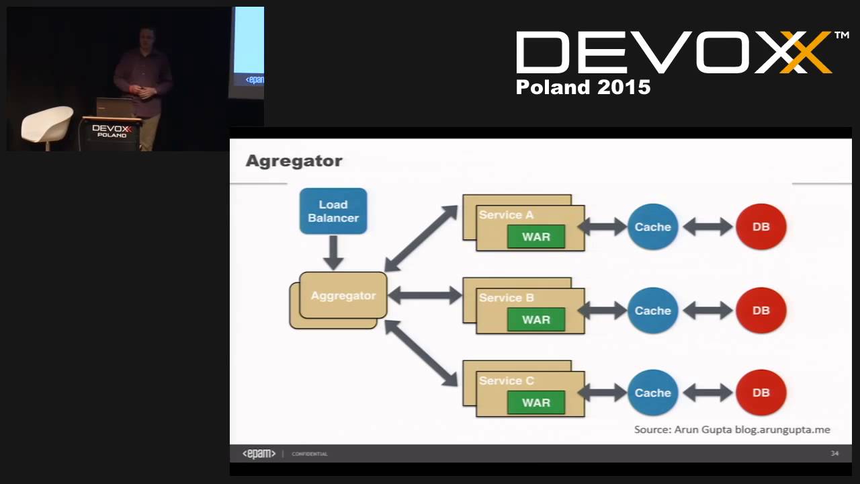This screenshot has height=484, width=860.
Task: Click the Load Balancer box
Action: (333, 211)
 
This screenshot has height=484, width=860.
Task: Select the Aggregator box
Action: (343, 295)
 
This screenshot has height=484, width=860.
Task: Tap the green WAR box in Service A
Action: (535, 237)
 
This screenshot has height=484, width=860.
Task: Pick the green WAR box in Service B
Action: (535, 319)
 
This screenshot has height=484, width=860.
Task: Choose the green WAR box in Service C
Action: (535, 403)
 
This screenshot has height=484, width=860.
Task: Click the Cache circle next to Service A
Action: (652, 227)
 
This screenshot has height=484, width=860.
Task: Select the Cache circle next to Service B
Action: (652, 311)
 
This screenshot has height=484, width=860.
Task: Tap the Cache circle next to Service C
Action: (652, 393)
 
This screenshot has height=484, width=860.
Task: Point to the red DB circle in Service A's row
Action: (761, 227)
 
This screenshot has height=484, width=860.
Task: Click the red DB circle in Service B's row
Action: (761, 311)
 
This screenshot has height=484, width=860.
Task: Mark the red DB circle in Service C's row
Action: (761, 393)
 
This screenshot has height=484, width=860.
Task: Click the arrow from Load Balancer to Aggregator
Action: (333, 253)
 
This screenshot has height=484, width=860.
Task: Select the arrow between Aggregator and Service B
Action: (425, 294)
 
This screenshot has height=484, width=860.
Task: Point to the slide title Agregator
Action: (294, 161)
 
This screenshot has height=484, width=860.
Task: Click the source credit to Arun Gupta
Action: (732, 430)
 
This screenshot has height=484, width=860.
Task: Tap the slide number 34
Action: (834, 454)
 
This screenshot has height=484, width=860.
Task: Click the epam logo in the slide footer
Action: (259, 454)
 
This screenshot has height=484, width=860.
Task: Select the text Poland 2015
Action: (583, 87)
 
